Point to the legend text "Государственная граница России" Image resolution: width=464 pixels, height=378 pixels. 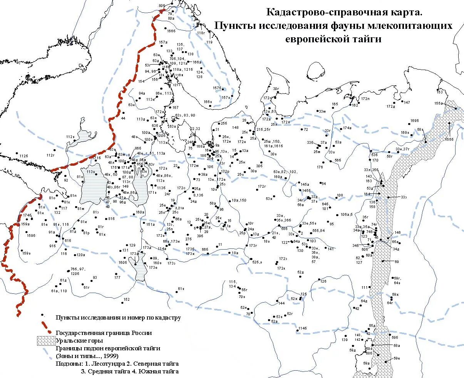point(104,333)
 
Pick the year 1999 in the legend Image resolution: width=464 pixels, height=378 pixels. point(111,356)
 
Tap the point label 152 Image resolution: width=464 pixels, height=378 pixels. point(126,299)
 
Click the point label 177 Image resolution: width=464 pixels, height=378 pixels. point(117,277)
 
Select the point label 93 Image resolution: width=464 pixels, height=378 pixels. point(95,277)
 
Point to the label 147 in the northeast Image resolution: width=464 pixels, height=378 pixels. point(407,102)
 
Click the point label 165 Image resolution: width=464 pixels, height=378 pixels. point(335,104)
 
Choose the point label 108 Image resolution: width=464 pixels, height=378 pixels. point(339,195)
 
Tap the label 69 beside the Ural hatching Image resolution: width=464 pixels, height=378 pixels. point(397,261)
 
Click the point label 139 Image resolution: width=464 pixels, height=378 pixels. point(344,340)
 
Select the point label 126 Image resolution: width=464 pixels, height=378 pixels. point(323,281)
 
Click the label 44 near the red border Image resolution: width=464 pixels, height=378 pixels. point(123,118)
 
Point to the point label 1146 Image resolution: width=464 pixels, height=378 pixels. point(302,328)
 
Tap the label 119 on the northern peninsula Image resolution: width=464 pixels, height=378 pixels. point(209,42)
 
